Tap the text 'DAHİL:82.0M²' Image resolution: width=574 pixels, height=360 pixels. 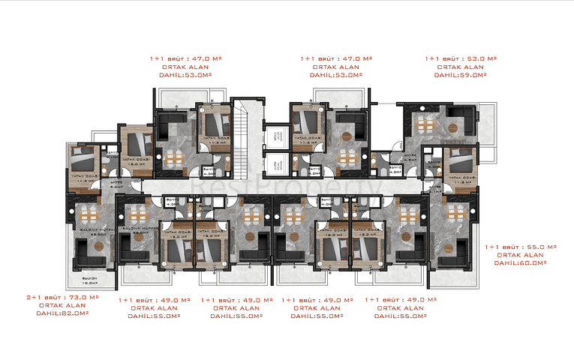[63, 313]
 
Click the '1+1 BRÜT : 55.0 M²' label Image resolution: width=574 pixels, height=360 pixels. [520, 246]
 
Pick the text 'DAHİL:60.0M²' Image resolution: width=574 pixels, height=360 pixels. [521, 263]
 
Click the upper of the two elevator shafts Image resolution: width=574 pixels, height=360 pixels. [277, 133]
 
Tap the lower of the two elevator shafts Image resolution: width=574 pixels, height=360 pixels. [277, 162]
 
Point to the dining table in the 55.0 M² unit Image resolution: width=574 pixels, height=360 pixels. [455, 213]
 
